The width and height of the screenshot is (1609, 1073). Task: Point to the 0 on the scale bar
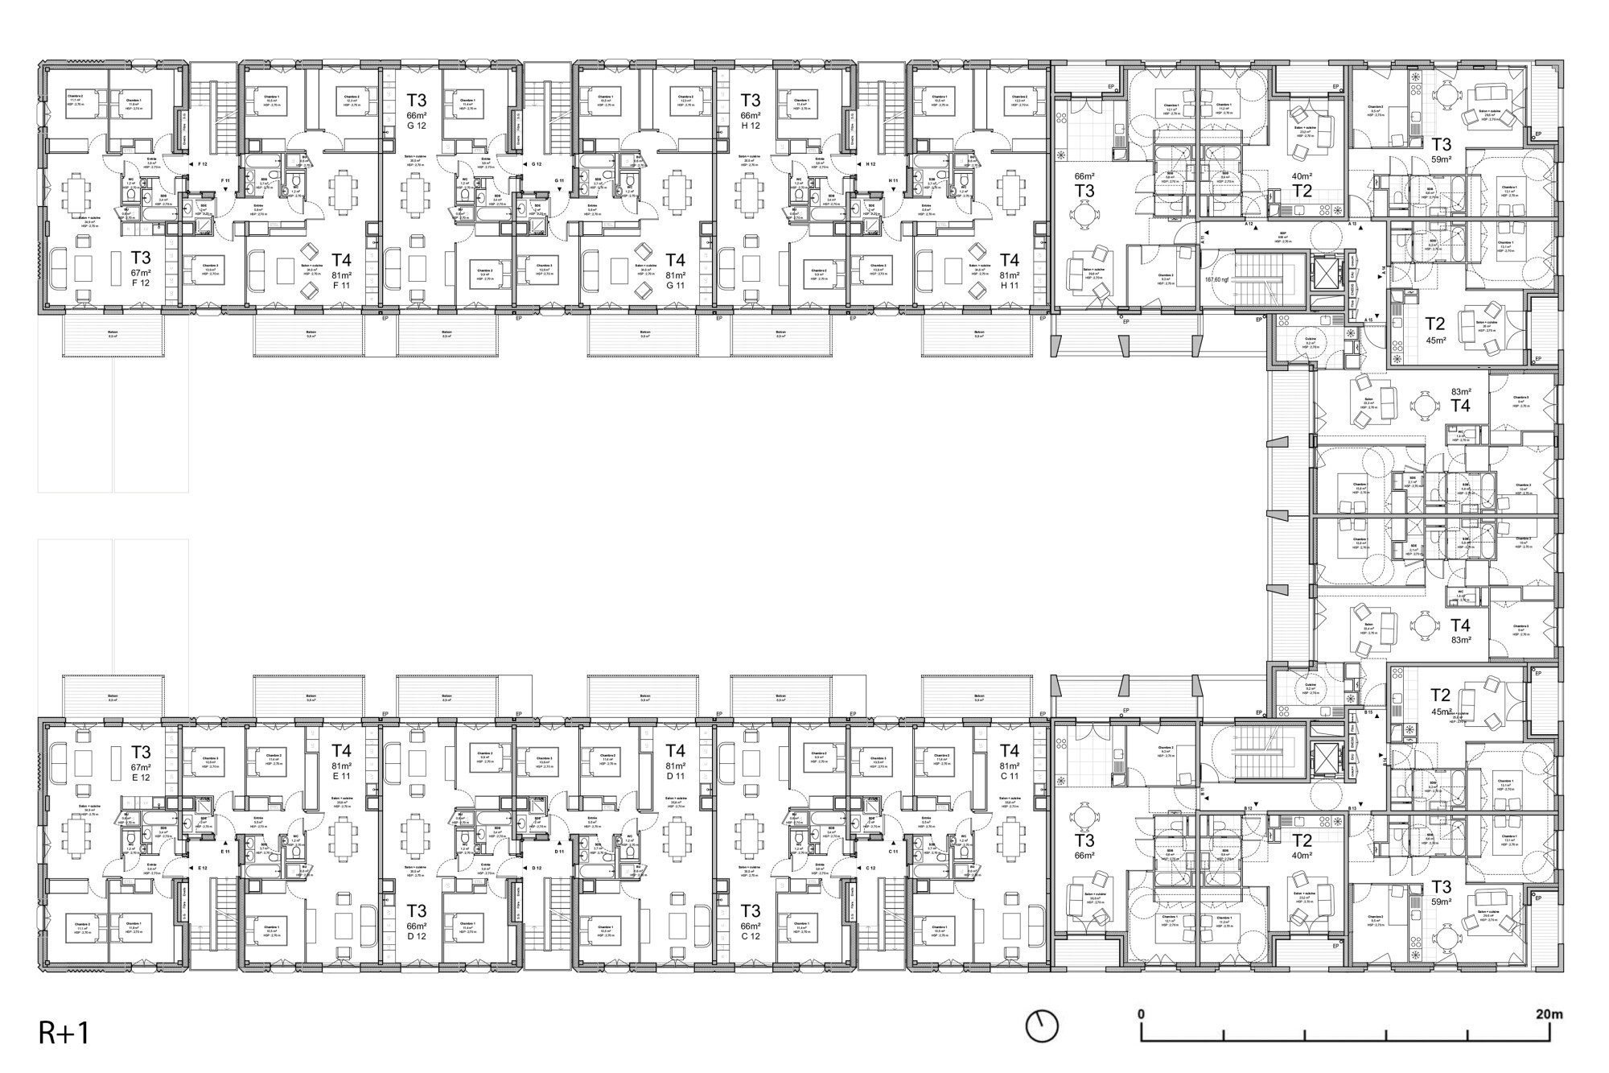point(1141,1014)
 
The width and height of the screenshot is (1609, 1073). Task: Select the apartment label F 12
point(141,283)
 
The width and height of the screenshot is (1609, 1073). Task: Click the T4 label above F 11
point(341,260)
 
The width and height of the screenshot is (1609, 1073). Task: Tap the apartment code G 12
point(416,126)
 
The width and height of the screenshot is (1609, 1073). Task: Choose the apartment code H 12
point(751,126)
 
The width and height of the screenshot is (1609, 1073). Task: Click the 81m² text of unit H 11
point(1009,274)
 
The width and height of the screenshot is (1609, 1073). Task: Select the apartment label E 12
point(141,778)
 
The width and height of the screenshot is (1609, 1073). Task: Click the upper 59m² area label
point(1442,159)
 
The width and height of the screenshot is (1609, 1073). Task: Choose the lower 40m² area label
point(1302,856)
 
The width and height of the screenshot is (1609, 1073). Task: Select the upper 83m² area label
point(1460,392)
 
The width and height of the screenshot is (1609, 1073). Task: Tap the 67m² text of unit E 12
point(141,767)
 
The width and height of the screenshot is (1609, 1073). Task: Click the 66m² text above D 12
point(416,926)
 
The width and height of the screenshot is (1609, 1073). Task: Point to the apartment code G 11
point(676,285)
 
